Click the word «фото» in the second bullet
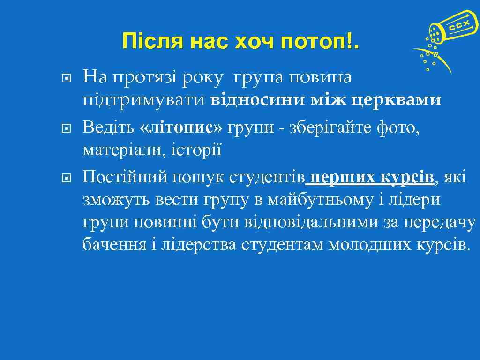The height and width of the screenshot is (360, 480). coord(397,126)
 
